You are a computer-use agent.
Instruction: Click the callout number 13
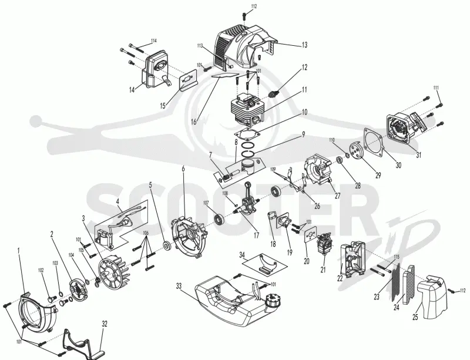304,45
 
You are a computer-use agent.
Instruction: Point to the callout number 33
179,286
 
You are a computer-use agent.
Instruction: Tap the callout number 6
183,169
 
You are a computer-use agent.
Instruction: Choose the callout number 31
418,154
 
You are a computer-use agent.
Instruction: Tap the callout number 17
256,235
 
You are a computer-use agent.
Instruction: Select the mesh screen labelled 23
396,282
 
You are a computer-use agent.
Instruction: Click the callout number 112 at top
254,6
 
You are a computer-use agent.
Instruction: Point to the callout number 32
105,324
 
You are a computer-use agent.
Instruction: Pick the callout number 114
154,41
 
